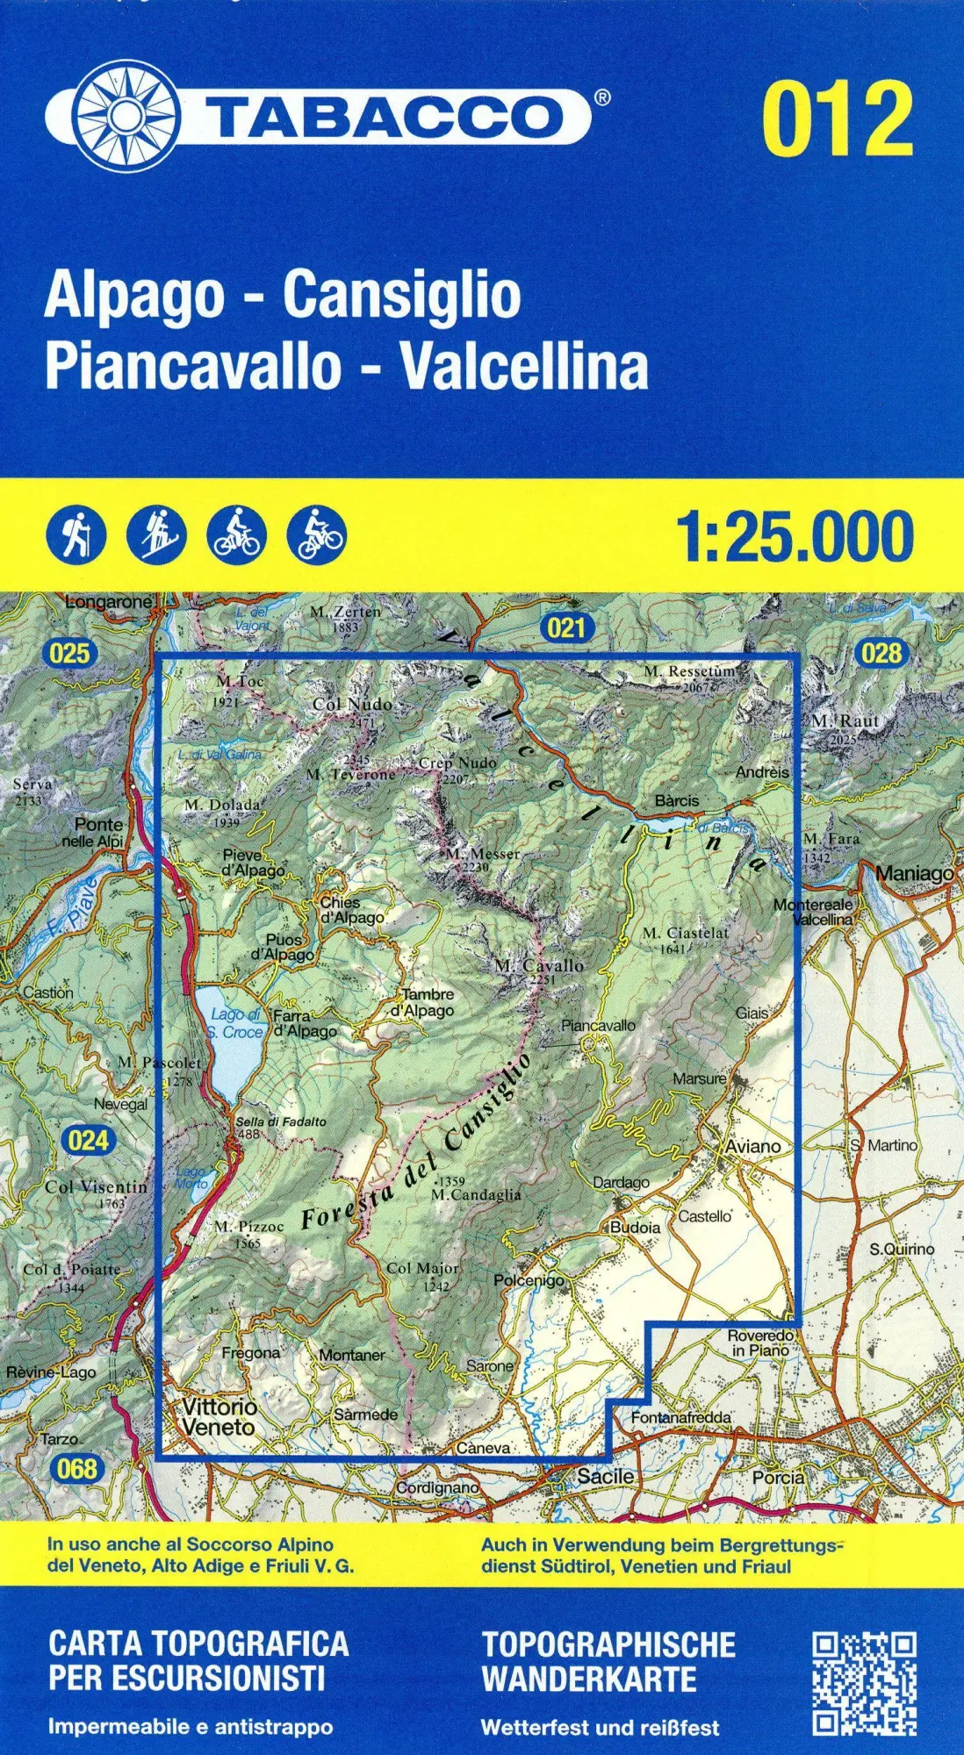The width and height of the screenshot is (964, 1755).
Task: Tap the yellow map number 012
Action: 838,118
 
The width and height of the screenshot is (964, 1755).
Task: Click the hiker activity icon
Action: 76,534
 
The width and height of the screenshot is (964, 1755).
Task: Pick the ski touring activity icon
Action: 156,534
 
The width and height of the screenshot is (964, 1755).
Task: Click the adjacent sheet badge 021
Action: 566,627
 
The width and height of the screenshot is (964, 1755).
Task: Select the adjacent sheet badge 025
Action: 69,652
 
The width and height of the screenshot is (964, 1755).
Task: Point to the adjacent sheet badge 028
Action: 881,652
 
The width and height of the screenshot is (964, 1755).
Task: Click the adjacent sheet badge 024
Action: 88,1140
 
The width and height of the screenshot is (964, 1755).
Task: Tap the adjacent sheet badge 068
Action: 76,1467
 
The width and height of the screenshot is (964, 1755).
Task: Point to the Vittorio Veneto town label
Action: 219,1416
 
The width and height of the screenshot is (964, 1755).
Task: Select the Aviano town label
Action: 752,1146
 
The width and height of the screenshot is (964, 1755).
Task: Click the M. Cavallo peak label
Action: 539,965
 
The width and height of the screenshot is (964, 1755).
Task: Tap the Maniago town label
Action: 915,874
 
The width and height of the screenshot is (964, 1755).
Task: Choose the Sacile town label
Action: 605,1476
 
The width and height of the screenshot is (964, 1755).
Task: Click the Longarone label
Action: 110,603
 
